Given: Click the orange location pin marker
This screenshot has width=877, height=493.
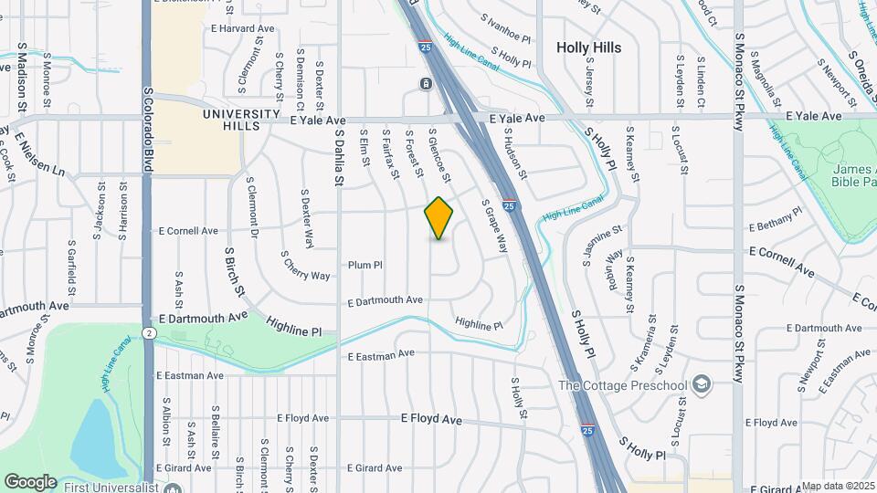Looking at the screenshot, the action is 438,218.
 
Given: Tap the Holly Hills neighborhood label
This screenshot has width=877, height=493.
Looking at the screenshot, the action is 589,47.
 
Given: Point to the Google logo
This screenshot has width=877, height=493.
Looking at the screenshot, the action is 30,481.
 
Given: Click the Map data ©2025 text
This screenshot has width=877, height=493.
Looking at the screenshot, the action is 838,487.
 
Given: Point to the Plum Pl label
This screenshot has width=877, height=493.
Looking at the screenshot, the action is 365,265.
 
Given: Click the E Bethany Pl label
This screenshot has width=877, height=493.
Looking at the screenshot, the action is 775,219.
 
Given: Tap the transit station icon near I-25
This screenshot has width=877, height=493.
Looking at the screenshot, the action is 426,84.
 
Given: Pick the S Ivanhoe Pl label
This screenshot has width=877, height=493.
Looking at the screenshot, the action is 505,27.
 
